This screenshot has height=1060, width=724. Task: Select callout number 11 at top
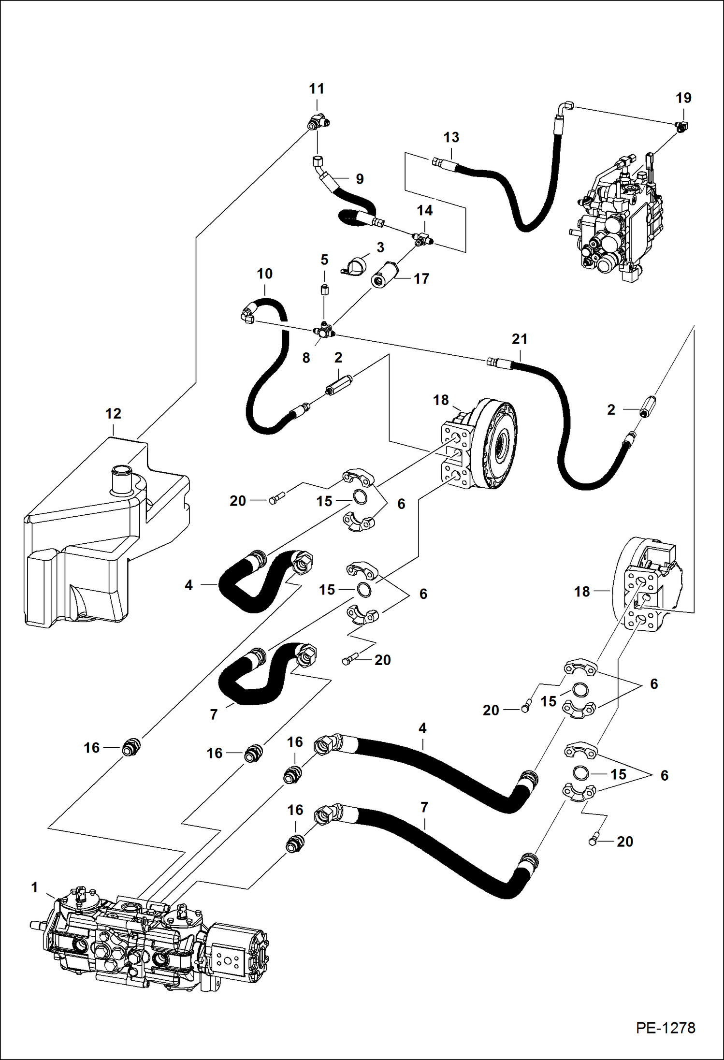point(317,89)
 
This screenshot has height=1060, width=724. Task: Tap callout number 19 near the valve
point(683,98)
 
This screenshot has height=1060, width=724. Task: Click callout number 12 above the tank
point(114,414)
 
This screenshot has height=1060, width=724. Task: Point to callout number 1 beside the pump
point(34,887)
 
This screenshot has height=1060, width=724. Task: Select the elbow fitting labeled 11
point(319,123)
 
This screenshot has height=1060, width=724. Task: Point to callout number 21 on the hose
point(520,339)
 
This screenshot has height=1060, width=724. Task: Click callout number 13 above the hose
point(451,137)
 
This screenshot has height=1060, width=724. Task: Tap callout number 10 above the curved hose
point(264,274)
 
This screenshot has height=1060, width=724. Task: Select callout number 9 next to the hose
point(359,179)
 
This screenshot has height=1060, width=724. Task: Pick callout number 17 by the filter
point(421,279)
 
